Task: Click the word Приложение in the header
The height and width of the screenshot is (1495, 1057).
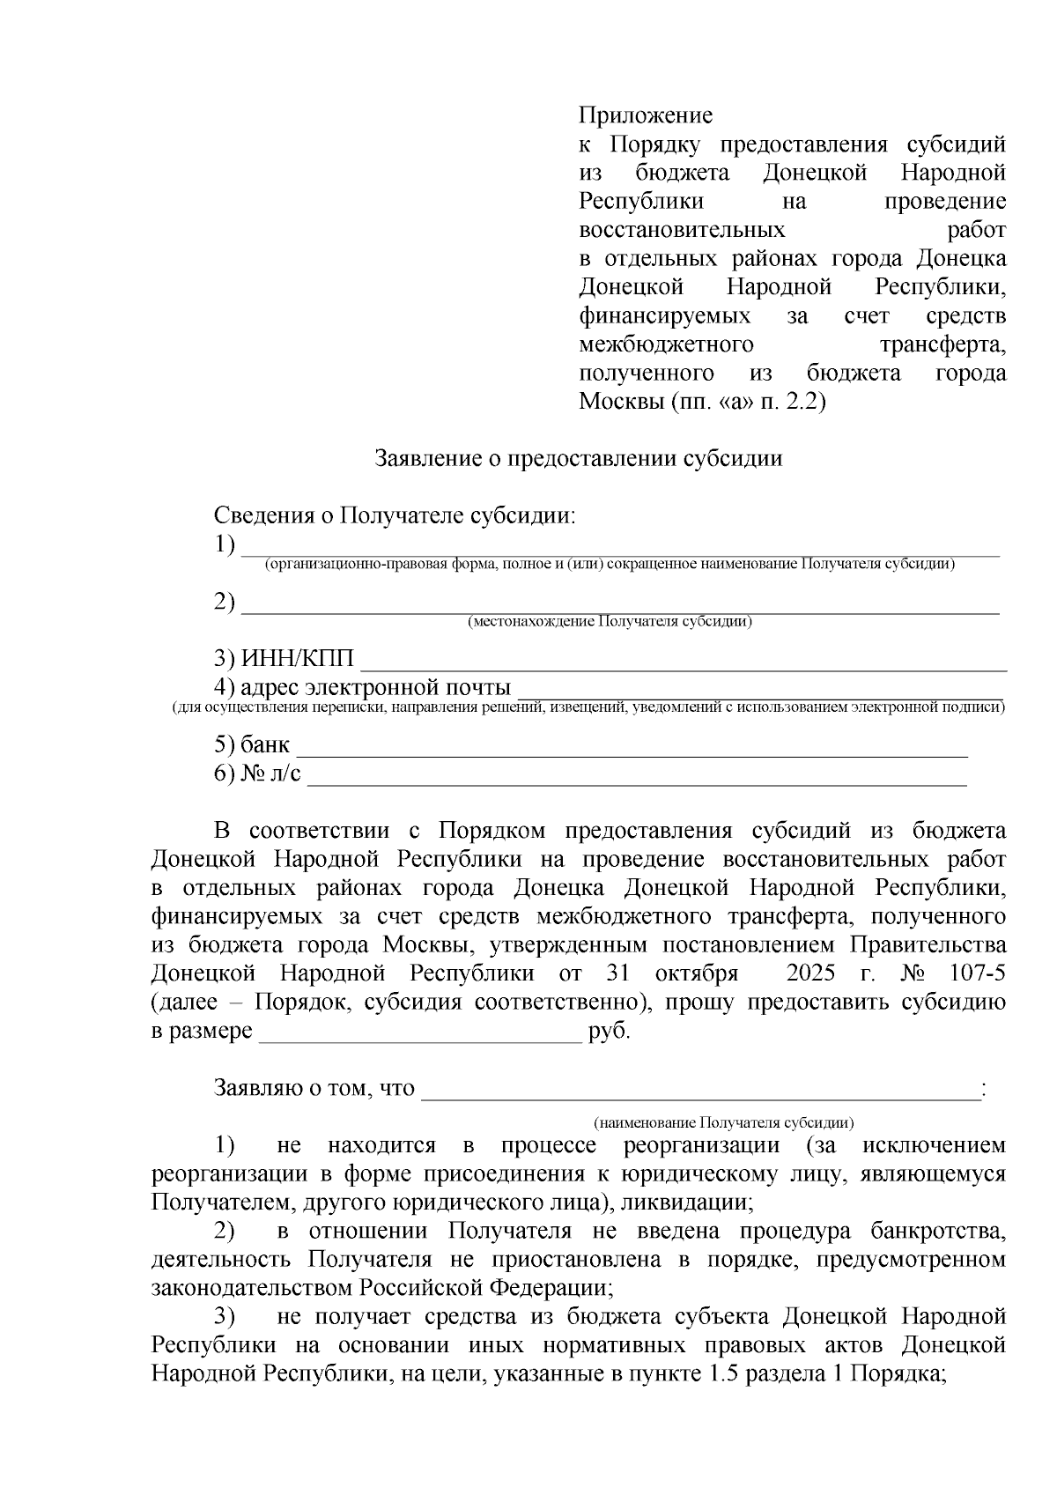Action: click(x=645, y=115)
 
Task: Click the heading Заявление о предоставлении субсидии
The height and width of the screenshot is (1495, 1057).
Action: click(x=579, y=458)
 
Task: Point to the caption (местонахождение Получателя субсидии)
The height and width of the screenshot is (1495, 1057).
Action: click(x=610, y=621)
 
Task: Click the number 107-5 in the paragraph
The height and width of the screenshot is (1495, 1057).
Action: click(x=977, y=973)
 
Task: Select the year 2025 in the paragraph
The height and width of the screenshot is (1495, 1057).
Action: click(x=814, y=973)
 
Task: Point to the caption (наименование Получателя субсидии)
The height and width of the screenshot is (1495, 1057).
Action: click(x=723, y=1122)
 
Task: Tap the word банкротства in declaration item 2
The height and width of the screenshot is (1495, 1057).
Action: click(x=936, y=1231)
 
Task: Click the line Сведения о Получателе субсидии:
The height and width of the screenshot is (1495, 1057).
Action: click(x=394, y=516)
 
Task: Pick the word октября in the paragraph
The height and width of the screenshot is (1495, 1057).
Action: click(x=697, y=973)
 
